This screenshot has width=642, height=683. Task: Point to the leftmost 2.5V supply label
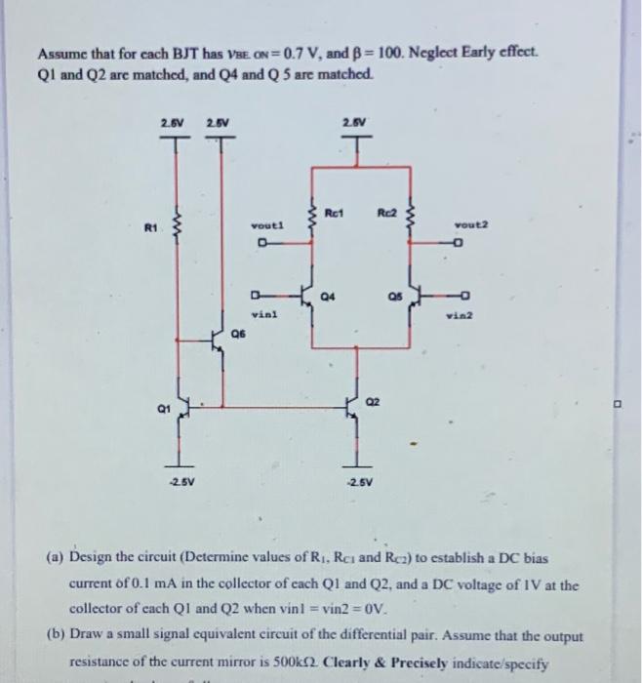(x=173, y=122)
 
